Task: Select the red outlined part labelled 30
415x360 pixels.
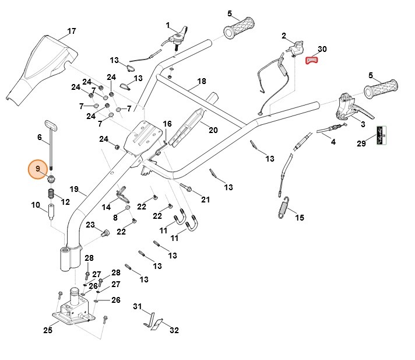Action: click(314, 59)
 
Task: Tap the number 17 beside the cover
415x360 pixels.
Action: click(71, 31)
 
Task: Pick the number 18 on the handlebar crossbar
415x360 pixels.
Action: click(202, 82)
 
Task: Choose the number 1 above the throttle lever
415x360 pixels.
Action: click(168, 25)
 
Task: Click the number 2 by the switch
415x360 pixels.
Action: click(284, 36)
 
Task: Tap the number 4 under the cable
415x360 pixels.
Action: click(333, 142)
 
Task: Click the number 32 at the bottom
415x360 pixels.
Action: click(174, 330)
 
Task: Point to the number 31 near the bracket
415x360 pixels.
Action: click(138, 306)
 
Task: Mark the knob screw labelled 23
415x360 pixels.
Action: click(106, 233)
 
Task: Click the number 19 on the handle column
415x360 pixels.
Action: click(74, 189)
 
